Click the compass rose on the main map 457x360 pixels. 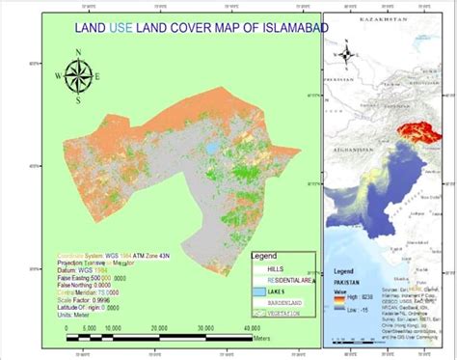click(x=80, y=75)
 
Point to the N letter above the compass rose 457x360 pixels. click(x=80, y=56)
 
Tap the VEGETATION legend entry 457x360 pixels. click(x=289, y=315)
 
